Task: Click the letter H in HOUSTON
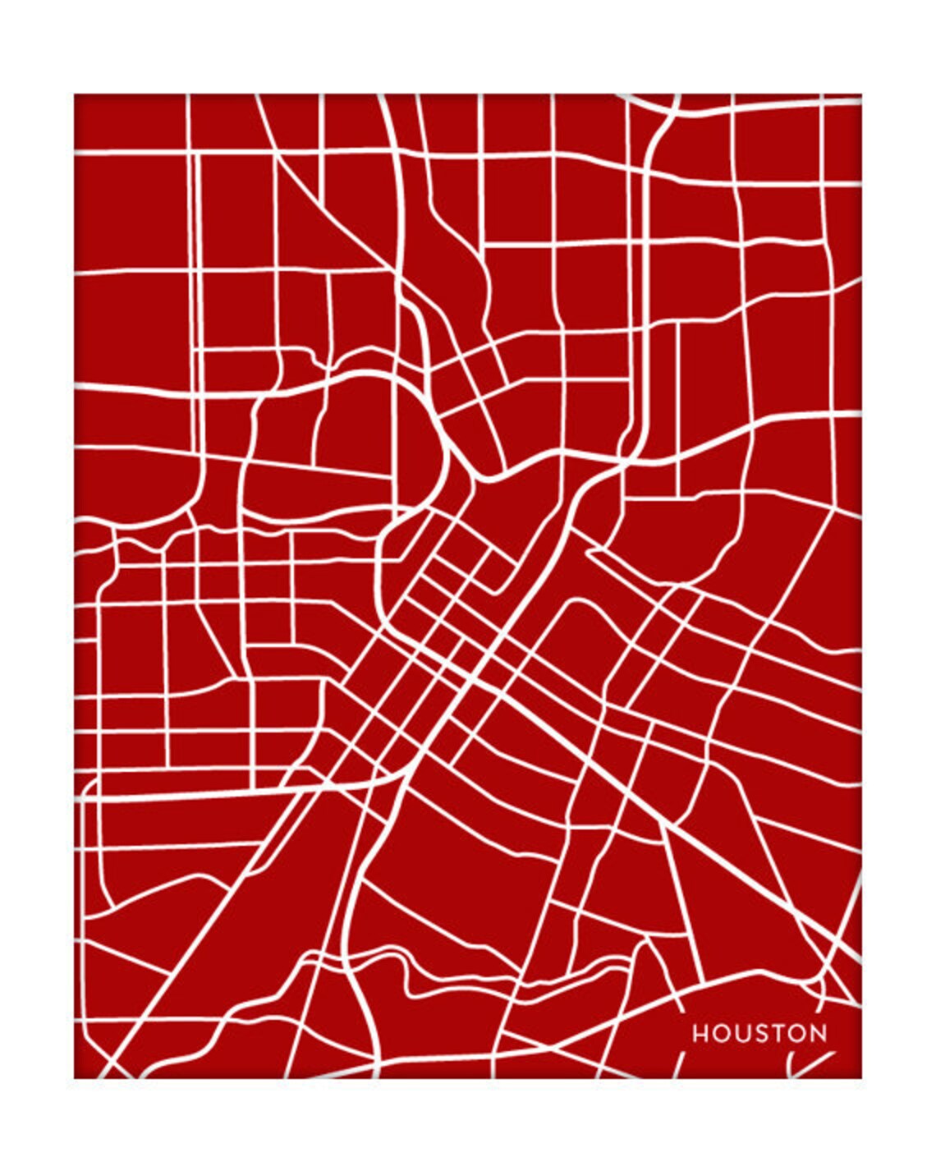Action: [700, 1034]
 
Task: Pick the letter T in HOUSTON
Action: [779, 1034]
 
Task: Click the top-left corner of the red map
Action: [75, 94]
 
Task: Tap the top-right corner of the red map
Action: [860, 94]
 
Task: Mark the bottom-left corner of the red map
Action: [75, 1077]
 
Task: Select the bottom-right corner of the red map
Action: [860, 1077]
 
